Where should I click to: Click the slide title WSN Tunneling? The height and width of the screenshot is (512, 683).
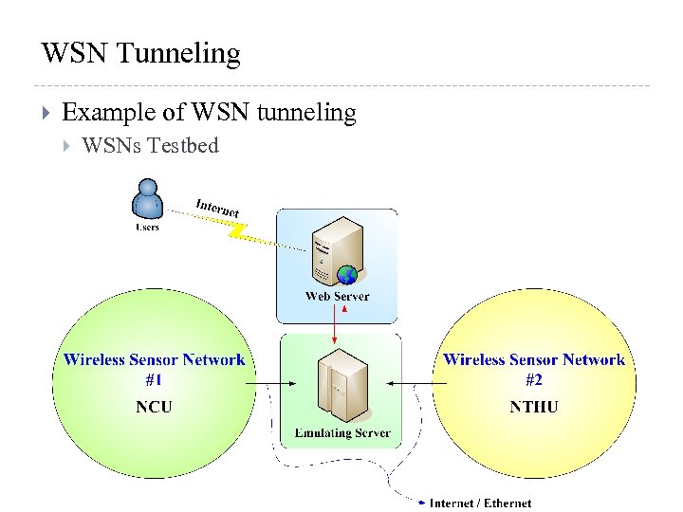coord(140,53)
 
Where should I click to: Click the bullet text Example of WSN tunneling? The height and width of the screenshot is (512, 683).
coord(209,113)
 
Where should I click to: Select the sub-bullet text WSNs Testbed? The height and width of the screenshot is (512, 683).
coord(151,145)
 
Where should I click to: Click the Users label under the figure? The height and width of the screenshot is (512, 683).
coord(147,228)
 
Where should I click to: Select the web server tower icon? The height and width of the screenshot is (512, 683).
coord(337,249)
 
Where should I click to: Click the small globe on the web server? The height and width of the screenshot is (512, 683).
coord(348,276)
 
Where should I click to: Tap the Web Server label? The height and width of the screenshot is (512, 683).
coord(337,297)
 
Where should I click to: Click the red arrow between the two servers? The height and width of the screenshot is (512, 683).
coord(335,328)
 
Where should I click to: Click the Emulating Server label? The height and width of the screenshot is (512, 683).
coord(341,433)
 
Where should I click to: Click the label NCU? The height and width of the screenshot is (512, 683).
coord(154,407)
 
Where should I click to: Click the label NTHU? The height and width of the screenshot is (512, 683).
coord(534,407)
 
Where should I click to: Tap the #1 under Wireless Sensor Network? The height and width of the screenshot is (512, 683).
coord(154,380)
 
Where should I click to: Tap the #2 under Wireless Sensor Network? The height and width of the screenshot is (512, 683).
coord(534,380)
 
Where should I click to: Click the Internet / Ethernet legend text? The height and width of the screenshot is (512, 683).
coord(480,503)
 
